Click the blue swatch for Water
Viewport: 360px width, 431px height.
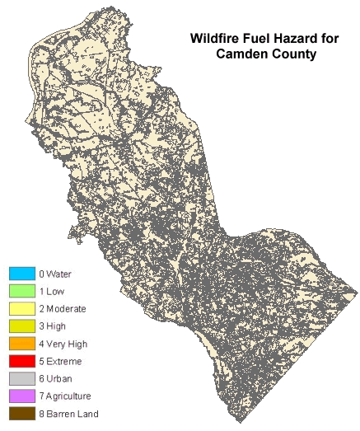(x=21, y=274)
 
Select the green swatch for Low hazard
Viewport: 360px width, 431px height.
(x=21, y=291)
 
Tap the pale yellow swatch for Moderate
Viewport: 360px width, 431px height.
(x=21, y=308)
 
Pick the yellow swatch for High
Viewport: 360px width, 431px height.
(x=21, y=326)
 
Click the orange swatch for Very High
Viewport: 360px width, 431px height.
(x=21, y=344)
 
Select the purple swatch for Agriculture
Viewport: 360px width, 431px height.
(x=21, y=396)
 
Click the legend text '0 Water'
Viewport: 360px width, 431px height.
(x=55, y=274)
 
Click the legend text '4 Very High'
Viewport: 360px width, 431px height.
(x=63, y=344)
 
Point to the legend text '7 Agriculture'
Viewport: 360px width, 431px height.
(x=66, y=396)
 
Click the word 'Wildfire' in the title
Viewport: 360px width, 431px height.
(x=213, y=39)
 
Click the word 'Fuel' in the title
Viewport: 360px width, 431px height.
(x=251, y=39)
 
